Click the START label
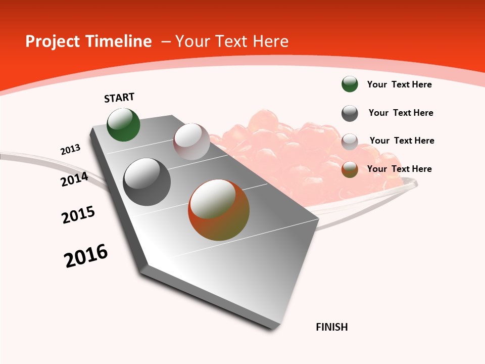click(119, 98)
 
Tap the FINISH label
click(332, 327)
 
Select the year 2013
click(70, 150)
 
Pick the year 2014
click(75, 179)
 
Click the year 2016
click(86, 255)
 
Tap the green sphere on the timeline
click(123, 125)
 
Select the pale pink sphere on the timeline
click(191, 142)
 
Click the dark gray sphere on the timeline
click(147, 182)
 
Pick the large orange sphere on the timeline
click(219, 210)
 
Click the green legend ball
click(350, 84)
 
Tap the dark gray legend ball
click(350, 113)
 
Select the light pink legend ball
click(350, 142)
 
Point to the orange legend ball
click(350, 169)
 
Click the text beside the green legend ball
click(399, 84)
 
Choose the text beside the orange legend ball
click(399, 169)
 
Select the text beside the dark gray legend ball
click(401, 113)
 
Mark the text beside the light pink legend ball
click(402, 141)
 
